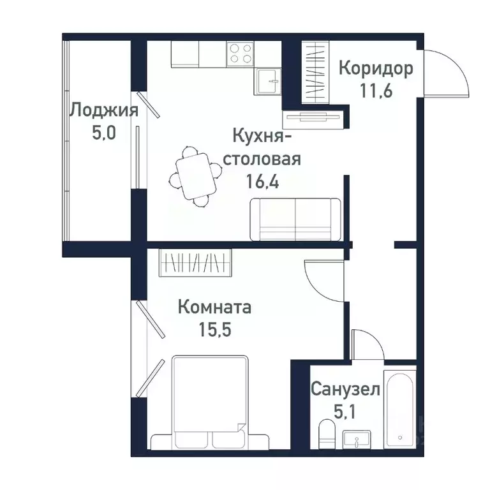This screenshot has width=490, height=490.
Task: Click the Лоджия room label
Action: click(103, 110)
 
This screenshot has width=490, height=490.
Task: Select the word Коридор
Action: click(375, 68)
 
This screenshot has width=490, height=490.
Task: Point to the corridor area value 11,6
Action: click(375, 89)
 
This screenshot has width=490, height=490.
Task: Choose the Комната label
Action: click(214, 308)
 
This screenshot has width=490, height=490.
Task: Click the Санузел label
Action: click(345, 389)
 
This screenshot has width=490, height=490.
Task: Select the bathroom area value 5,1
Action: click(345, 410)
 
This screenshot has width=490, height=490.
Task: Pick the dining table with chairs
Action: click(194, 176)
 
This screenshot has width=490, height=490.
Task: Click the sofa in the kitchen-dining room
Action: click(295, 219)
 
